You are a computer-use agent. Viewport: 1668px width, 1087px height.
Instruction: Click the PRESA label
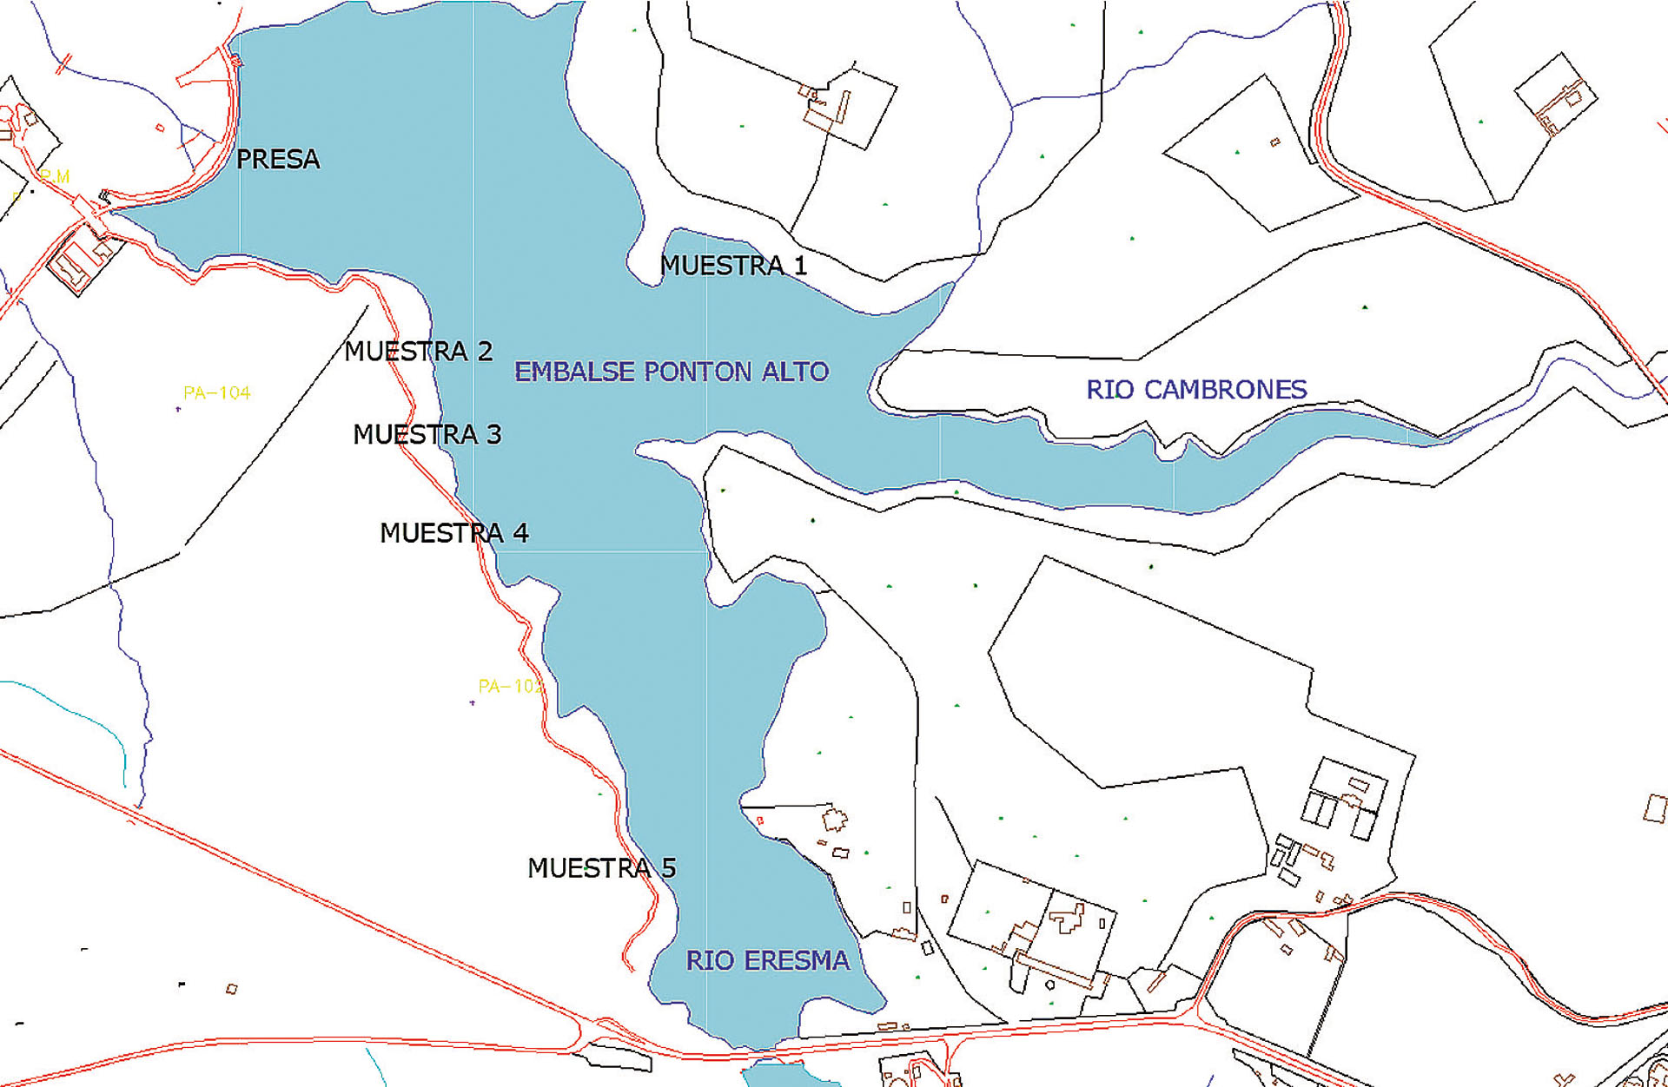click(278, 160)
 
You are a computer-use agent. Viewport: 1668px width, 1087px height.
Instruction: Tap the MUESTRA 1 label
click(733, 266)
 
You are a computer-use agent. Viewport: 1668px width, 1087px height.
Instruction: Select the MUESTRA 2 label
click(418, 352)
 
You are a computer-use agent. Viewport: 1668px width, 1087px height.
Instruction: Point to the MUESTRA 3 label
click(427, 434)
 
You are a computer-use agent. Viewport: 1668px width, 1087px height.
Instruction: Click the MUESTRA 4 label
click(453, 533)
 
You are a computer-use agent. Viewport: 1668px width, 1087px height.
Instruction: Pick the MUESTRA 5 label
click(601, 868)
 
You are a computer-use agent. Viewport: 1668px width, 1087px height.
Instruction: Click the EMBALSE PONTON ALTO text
click(672, 372)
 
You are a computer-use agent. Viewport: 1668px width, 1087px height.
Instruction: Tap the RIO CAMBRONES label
click(1196, 390)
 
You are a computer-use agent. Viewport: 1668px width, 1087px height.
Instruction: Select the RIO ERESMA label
click(768, 961)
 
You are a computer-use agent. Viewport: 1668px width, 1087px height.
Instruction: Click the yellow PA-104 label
click(217, 393)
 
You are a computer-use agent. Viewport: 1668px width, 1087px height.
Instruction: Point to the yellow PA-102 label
click(510, 687)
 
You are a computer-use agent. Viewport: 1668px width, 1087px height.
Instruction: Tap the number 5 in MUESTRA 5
click(668, 868)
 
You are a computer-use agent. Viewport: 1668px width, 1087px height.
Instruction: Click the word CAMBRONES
click(1225, 390)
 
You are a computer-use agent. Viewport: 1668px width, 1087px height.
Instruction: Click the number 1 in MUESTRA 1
click(800, 266)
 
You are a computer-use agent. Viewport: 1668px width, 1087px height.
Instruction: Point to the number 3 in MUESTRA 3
click(493, 434)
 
